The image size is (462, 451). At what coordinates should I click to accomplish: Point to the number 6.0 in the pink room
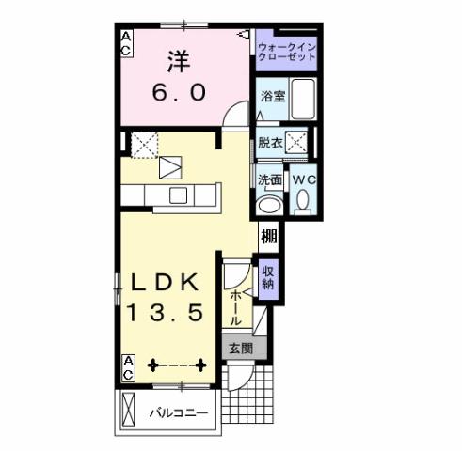[x=178, y=95]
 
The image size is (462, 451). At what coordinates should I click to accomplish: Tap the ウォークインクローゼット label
[x=286, y=49]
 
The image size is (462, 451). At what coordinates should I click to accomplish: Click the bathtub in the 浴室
[x=301, y=101]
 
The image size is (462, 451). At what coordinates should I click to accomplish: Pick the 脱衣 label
[x=271, y=143]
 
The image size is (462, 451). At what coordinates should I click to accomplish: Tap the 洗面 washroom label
[x=271, y=179]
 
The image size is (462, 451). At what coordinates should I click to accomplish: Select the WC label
[x=302, y=179]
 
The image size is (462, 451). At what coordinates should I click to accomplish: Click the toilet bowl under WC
[x=302, y=200]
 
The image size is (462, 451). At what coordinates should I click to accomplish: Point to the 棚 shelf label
[x=269, y=236]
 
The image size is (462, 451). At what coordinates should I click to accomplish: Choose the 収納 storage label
[x=268, y=277]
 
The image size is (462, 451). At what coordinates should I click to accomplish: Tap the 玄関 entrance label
[x=238, y=347]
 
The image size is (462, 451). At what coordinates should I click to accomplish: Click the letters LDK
[x=166, y=283]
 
